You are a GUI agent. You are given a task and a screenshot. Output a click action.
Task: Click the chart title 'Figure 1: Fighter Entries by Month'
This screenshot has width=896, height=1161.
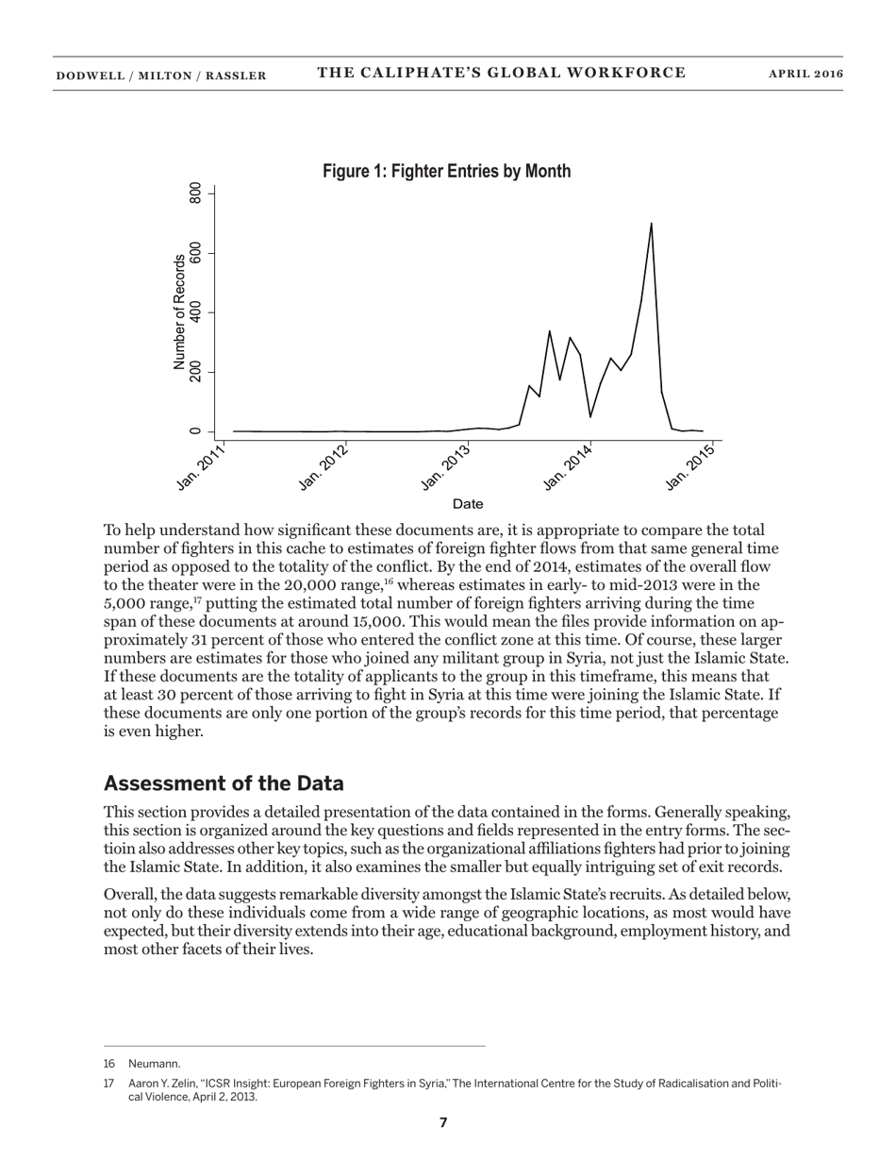tap(446, 172)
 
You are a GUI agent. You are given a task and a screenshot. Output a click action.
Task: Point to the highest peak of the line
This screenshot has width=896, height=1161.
tap(651, 224)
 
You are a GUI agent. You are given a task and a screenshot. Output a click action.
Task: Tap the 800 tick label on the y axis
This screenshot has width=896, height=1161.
tap(196, 193)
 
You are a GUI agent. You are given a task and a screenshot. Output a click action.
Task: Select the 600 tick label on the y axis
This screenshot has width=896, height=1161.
tap(196, 253)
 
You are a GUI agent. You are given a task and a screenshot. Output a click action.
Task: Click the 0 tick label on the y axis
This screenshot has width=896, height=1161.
tap(196, 431)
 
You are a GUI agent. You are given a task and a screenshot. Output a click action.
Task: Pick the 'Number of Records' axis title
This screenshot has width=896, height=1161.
tap(179, 311)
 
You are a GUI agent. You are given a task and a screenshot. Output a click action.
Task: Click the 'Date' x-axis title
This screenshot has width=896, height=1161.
tap(468, 504)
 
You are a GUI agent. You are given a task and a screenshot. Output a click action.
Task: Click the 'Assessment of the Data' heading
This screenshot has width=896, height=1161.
tap(224, 783)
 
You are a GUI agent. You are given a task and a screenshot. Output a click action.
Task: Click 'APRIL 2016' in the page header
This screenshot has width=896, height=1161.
tap(805, 75)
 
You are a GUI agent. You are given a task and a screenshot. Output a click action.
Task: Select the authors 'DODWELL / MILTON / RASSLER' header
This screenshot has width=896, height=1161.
tap(160, 76)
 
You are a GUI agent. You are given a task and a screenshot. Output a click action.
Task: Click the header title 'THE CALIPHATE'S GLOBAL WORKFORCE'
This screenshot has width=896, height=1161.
tap(501, 74)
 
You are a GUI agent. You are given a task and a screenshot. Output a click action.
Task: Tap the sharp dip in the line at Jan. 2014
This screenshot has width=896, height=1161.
tap(590, 416)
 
